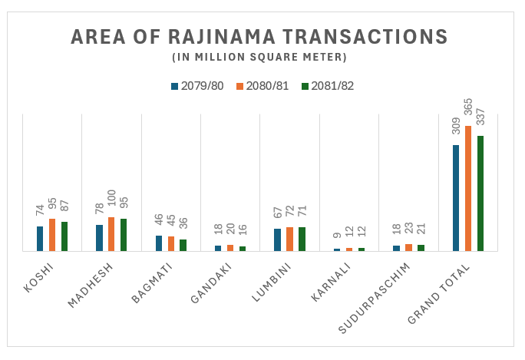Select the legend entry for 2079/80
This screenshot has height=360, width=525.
pyautogui.click(x=197, y=86)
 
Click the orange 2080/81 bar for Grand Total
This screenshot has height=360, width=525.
pyautogui.click(x=468, y=188)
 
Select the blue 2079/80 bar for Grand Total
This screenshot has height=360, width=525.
pyautogui.click(x=456, y=198)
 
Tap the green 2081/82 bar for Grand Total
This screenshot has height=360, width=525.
pyautogui.click(x=480, y=193)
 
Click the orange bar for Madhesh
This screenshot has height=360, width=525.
pyautogui.click(x=111, y=234)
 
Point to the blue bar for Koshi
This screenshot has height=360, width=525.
pyautogui.click(x=40, y=239)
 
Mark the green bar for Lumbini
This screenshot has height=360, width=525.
pyautogui.click(x=302, y=239)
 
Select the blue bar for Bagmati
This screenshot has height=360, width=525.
pyautogui.click(x=159, y=243)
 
